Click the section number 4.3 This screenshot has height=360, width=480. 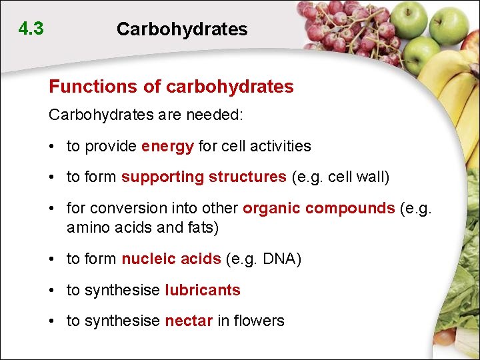coord(31,29)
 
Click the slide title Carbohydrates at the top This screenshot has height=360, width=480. coord(181,29)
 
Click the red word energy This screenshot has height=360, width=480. coord(167,146)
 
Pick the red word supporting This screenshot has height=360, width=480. coord(162,177)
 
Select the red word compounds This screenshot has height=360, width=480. coord(350,207)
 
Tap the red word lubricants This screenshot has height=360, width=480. coord(203,290)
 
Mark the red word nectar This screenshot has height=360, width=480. coord(189,321)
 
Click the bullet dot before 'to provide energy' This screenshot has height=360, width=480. coord(53,147)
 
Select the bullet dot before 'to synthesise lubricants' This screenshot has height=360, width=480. coord(53,291)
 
